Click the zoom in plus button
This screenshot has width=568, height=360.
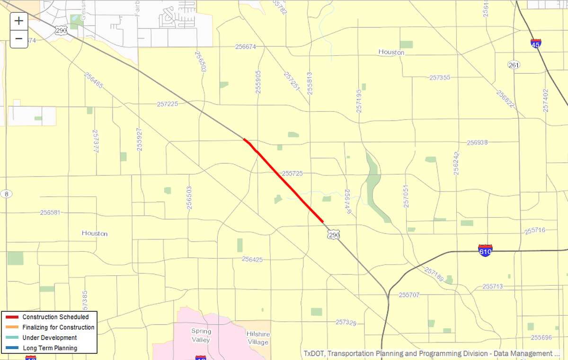(x=19, y=21)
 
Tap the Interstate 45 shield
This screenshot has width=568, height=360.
(x=536, y=44)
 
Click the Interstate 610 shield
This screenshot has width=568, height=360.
(x=485, y=250)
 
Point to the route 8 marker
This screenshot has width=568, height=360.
(x=6, y=194)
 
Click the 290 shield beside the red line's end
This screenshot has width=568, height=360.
(x=334, y=234)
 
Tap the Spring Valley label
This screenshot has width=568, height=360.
(x=201, y=335)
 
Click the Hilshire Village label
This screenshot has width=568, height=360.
(x=257, y=338)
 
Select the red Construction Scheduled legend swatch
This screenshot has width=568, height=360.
(x=13, y=317)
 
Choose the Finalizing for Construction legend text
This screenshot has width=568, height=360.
(x=58, y=327)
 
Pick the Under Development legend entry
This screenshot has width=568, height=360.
(x=49, y=338)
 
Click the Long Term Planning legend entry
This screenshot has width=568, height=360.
(x=50, y=348)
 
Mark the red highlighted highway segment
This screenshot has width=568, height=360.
(x=284, y=180)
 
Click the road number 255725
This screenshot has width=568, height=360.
(x=292, y=174)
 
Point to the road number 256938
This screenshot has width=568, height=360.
(x=477, y=142)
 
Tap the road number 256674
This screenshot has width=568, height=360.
(x=245, y=47)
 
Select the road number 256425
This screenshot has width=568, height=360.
(x=252, y=259)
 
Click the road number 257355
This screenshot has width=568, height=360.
(x=440, y=77)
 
